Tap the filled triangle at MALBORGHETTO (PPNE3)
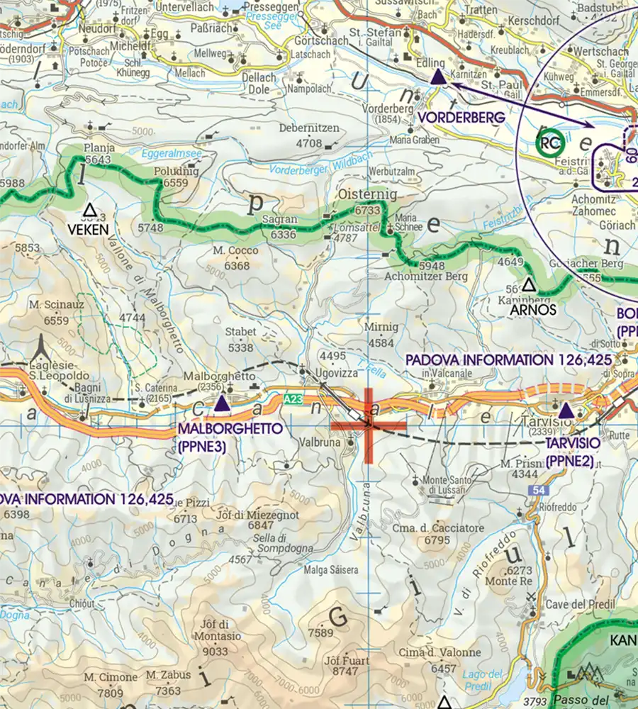coord(222,405)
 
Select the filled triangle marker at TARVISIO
coord(566,411)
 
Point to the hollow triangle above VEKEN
coord(89,210)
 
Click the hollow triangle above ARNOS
coord(528,286)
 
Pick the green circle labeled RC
coord(550,144)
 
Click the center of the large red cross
coord(369,425)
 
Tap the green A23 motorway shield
coord(294,400)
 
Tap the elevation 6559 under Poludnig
coord(174,183)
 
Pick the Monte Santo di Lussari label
coord(445,484)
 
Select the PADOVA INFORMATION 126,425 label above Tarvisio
coord(508,360)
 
